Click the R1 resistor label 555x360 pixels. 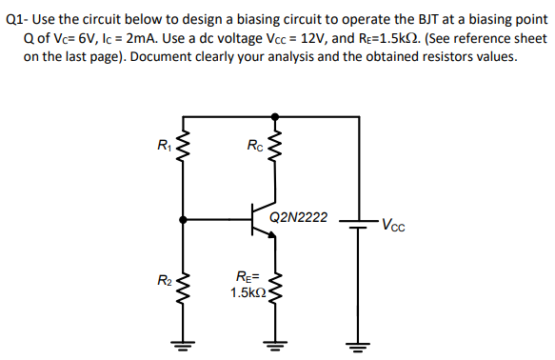[164, 146]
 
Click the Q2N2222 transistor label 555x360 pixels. [298, 217]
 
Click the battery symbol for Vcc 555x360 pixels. [358, 226]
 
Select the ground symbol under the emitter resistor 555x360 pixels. [276, 344]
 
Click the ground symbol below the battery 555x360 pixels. [358, 344]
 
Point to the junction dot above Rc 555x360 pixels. [276, 115]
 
